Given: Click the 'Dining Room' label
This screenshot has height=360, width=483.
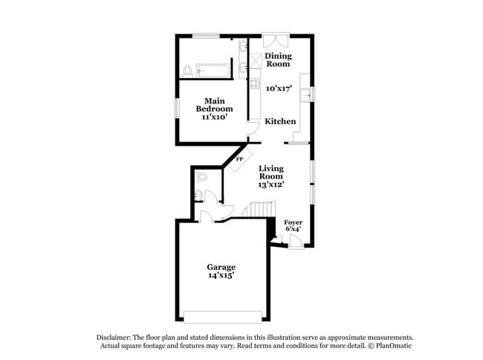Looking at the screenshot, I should click(279, 60).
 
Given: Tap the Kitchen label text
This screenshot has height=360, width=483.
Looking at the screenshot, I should click(280, 121).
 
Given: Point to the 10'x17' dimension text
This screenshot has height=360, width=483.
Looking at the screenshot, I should click(279, 88).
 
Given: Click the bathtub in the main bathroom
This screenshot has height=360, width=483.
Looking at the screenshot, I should click(212, 71).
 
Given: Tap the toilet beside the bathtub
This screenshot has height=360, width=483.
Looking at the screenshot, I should click(188, 71).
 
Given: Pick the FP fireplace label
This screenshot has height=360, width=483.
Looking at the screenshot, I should click(239, 159).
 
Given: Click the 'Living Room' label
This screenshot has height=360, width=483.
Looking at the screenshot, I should click(271, 173).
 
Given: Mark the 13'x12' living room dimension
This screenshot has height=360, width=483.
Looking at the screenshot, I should click(271, 184).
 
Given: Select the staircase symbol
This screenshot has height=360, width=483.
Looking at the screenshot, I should click(256, 212).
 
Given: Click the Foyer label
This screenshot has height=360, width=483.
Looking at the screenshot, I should click(293, 222).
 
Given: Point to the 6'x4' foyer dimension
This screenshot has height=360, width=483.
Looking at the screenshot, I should click(293, 229).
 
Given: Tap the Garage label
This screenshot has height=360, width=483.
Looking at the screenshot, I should click(221, 267).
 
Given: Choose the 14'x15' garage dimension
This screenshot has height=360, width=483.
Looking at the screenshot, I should click(221, 275).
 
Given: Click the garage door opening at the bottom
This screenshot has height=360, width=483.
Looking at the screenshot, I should click(221, 317).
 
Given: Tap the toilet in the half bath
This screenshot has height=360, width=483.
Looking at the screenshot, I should click(198, 196).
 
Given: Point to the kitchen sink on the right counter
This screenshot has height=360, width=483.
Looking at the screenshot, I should click(305, 94).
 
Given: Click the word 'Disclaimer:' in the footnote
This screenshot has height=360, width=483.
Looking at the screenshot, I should click(115, 337).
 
